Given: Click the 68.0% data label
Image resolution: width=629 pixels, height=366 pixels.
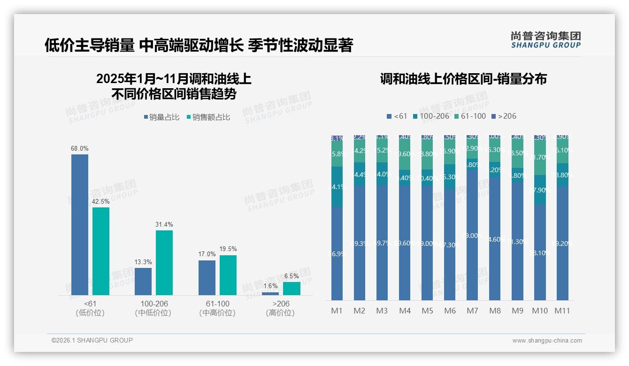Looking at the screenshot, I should [80, 149].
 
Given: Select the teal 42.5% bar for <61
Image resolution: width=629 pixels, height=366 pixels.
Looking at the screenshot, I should [101, 251].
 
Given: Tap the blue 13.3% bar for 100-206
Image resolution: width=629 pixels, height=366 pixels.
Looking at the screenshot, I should [143, 281].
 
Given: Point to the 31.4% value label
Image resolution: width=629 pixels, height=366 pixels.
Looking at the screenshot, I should [164, 225].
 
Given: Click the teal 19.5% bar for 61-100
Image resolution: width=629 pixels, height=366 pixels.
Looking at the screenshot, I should [228, 275].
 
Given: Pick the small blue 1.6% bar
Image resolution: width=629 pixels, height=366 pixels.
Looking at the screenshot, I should [270, 294].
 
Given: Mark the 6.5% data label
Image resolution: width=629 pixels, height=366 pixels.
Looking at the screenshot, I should [291, 276].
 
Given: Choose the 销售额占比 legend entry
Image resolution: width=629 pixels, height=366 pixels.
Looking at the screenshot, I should [208, 117].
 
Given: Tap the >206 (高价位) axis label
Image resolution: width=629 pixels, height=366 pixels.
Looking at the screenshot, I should [281, 308].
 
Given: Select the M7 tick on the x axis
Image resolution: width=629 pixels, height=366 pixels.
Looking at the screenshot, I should [472, 311].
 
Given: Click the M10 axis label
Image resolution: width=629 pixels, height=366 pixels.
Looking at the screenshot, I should [540, 311].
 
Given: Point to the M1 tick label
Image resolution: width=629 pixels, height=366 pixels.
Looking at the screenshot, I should [337, 311].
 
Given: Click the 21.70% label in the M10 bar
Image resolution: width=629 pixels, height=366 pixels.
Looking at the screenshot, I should [540, 157].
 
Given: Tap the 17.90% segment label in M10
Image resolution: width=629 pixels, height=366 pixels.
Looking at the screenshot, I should [540, 190].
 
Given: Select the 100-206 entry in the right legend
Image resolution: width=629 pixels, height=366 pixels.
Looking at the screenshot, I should [431, 116].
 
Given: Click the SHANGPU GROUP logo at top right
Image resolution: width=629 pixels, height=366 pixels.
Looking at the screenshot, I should [545, 40].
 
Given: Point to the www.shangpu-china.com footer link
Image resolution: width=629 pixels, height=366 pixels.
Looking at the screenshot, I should [547, 341].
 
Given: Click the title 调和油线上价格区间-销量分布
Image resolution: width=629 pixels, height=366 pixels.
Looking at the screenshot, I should [463, 79].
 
